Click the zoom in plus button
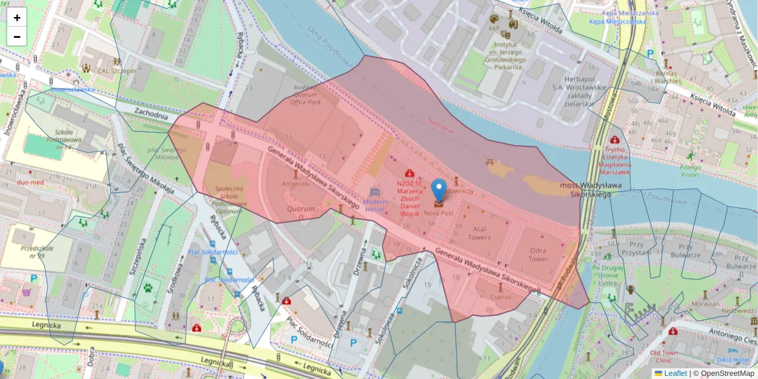17,18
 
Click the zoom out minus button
17,37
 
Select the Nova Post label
438,214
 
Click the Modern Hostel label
375,205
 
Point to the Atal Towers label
479,233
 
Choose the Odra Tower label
538,255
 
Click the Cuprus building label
500,296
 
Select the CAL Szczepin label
117,71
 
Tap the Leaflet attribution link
675,373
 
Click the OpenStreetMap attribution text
726,373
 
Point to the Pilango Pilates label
691,171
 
